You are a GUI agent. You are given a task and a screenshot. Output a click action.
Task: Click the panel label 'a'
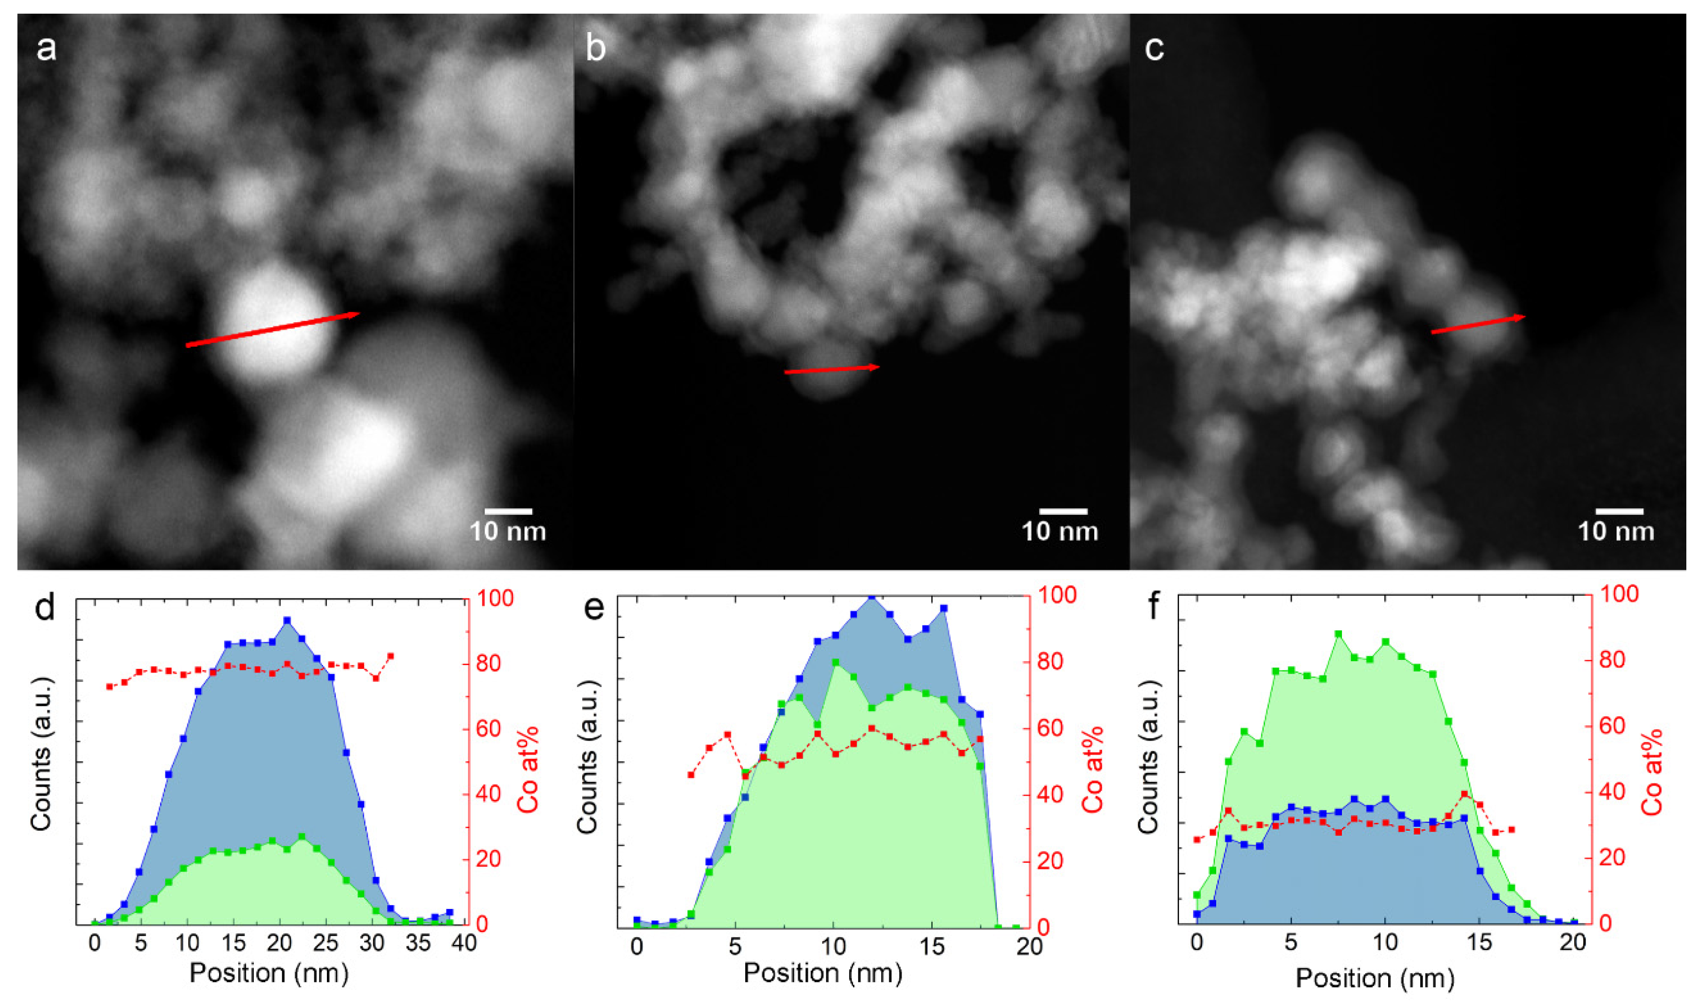click(x=46, y=49)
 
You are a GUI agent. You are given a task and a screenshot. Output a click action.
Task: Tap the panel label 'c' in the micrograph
click(x=1154, y=49)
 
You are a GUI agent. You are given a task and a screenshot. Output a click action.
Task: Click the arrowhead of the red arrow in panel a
click(x=356, y=314)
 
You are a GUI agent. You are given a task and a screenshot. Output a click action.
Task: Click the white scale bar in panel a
click(x=508, y=511)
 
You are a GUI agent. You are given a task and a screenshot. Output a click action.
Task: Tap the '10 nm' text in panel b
click(x=1059, y=531)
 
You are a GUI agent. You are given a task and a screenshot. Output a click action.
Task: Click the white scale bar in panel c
click(x=1619, y=511)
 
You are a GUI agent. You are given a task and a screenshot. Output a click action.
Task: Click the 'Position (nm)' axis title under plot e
click(x=822, y=973)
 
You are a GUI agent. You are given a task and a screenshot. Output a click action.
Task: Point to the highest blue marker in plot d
click(x=287, y=620)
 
